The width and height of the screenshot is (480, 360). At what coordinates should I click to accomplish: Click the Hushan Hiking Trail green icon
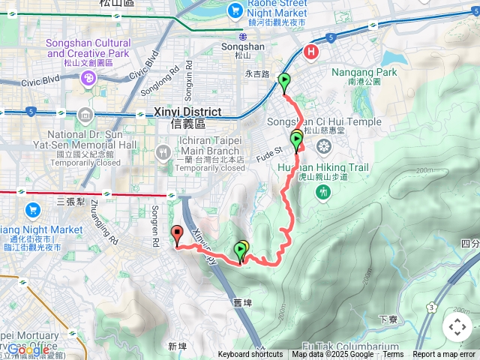click(323, 192)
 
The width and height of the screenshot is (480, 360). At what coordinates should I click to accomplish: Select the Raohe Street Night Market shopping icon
click(234, 10)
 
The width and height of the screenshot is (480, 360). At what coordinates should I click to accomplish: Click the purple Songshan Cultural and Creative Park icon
click(88, 76)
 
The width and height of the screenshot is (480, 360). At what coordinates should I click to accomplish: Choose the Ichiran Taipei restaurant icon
click(162, 153)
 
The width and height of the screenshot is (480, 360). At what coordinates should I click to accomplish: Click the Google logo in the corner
click(28, 349)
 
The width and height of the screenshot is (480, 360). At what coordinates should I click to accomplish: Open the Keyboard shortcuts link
click(250, 355)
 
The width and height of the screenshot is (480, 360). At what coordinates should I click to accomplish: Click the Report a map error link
click(445, 355)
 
